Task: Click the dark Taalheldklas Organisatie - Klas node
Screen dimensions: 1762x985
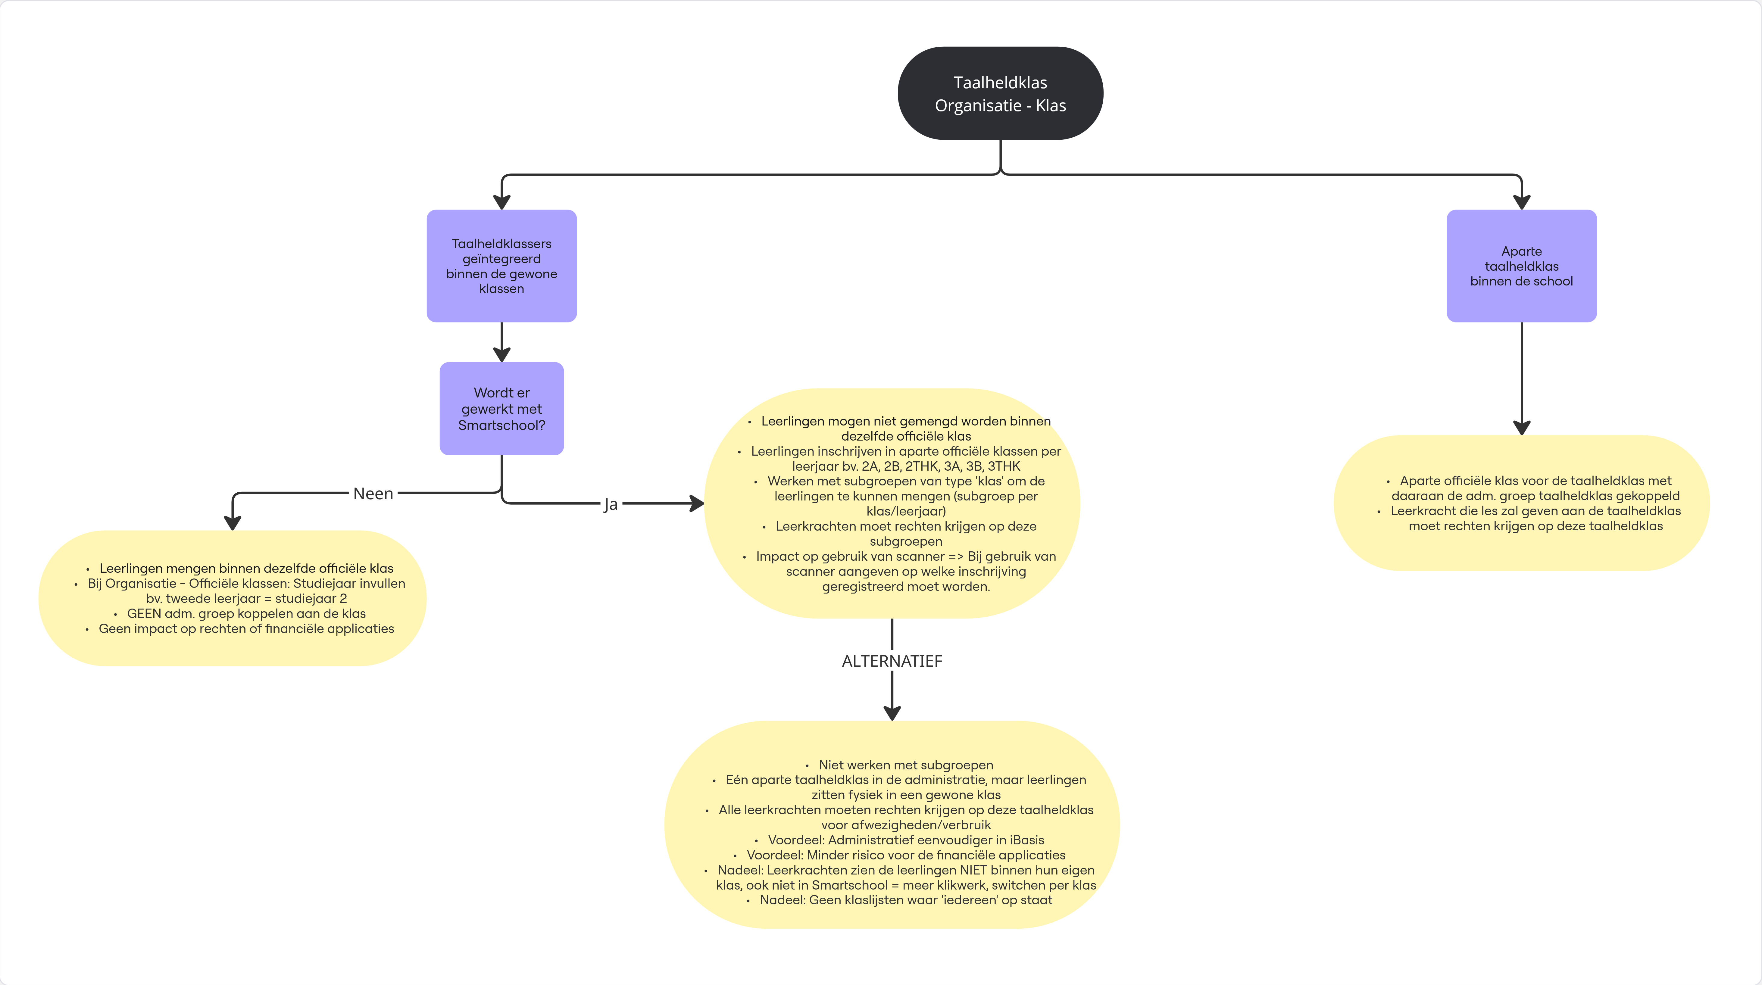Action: click(1000, 93)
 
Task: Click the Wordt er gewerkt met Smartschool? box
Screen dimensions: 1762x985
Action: click(501, 408)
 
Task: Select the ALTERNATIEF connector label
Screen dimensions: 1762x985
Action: click(892, 661)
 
